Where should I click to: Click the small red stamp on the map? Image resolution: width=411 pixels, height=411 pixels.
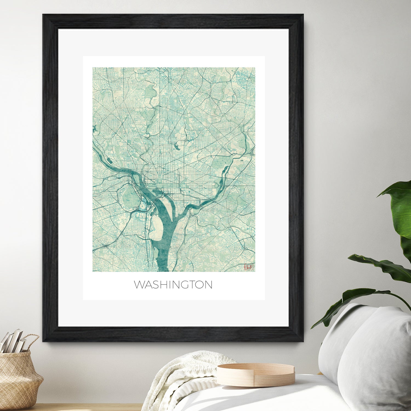tap(249, 267)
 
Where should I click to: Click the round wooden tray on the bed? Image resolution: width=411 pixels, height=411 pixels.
tap(255, 375)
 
